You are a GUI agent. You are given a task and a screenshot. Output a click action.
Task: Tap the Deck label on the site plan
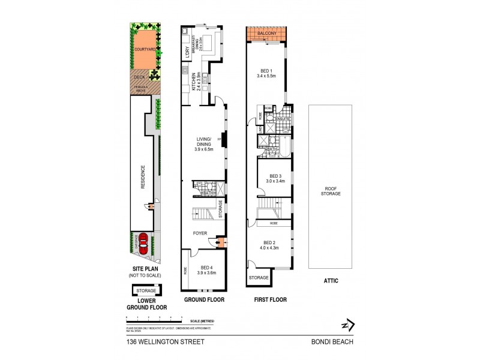click(139, 77)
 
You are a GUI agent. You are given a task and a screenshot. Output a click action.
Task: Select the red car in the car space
click(144, 244)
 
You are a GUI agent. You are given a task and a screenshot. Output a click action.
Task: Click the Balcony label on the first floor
click(266, 34)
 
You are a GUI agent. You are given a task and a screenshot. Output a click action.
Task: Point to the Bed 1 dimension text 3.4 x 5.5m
click(266, 76)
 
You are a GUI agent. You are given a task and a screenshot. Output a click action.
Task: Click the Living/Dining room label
click(205, 143)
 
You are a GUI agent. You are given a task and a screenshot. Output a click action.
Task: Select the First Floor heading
click(269, 299)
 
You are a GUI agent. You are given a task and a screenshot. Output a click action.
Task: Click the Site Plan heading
click(146, 269)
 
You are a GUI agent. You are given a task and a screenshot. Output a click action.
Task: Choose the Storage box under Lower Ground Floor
click(146, 290)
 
